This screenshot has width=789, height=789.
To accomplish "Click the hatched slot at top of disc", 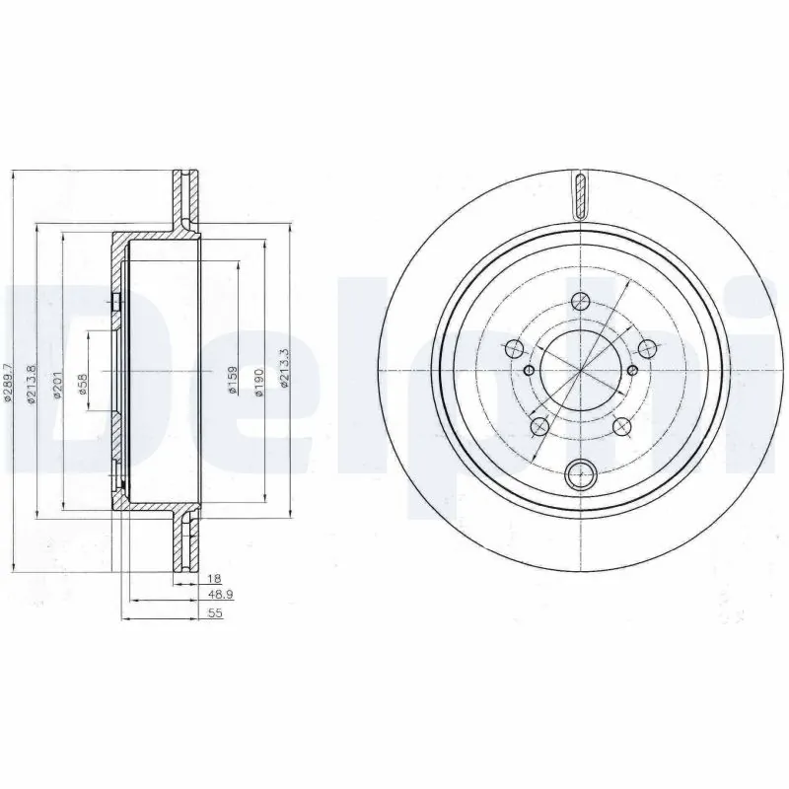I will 580,193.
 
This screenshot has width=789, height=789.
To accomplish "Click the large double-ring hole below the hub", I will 581,472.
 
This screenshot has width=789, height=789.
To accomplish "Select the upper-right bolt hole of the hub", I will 647,348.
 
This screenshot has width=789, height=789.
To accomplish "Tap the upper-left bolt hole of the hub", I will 513,348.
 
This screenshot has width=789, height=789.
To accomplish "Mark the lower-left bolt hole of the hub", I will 539,426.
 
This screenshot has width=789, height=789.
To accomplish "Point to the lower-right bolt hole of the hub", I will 621,427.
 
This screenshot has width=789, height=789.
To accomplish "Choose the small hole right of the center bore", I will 632,370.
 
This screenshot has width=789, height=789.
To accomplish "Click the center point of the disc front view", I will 581,370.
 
